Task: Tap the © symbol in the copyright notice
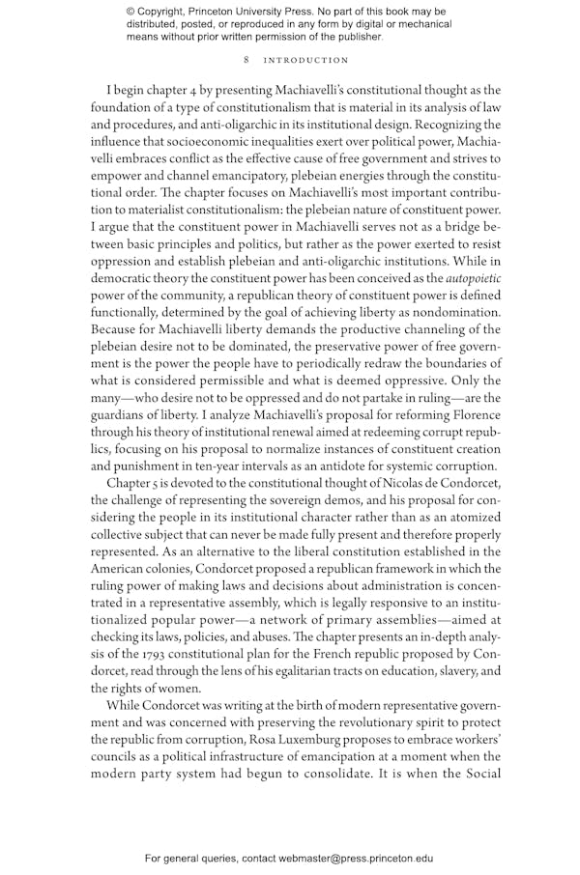coord(130,11)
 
